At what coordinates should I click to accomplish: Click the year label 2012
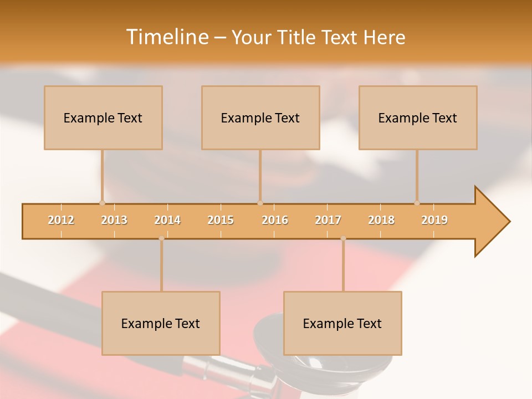coord(61,220)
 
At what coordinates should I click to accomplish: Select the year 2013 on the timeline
coord(114,220)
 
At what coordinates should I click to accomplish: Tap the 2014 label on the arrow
coord(167,220)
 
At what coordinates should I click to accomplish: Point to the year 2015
coord(221,220)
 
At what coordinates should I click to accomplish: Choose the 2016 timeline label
coord(275,220)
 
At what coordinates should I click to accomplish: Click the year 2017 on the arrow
coord(328,220)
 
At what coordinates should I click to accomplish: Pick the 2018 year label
coord(381,220)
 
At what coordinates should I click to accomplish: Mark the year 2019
coord(434,220)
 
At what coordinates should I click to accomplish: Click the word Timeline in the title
coord(166,37)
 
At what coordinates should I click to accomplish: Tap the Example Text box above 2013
coord(103,117)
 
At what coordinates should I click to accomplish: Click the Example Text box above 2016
coord(260,117)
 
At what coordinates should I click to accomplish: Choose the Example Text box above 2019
coord(418,117)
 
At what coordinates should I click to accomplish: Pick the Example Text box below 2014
coord(161,323)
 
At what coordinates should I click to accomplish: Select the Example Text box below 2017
coord(342,323)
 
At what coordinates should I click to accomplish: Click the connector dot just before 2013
coord(102,203)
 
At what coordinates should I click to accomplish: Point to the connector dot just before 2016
coord(260,203)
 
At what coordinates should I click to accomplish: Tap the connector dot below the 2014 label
coord(161,239)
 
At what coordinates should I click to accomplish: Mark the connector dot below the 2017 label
coord(343,239)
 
